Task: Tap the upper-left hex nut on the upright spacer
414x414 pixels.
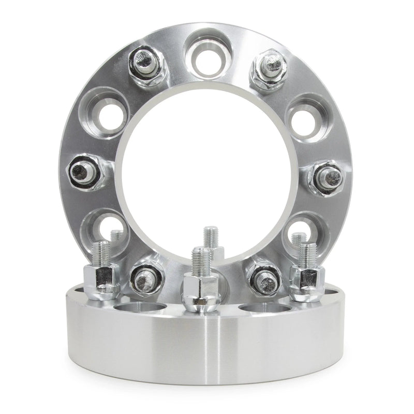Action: click(147, 66)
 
